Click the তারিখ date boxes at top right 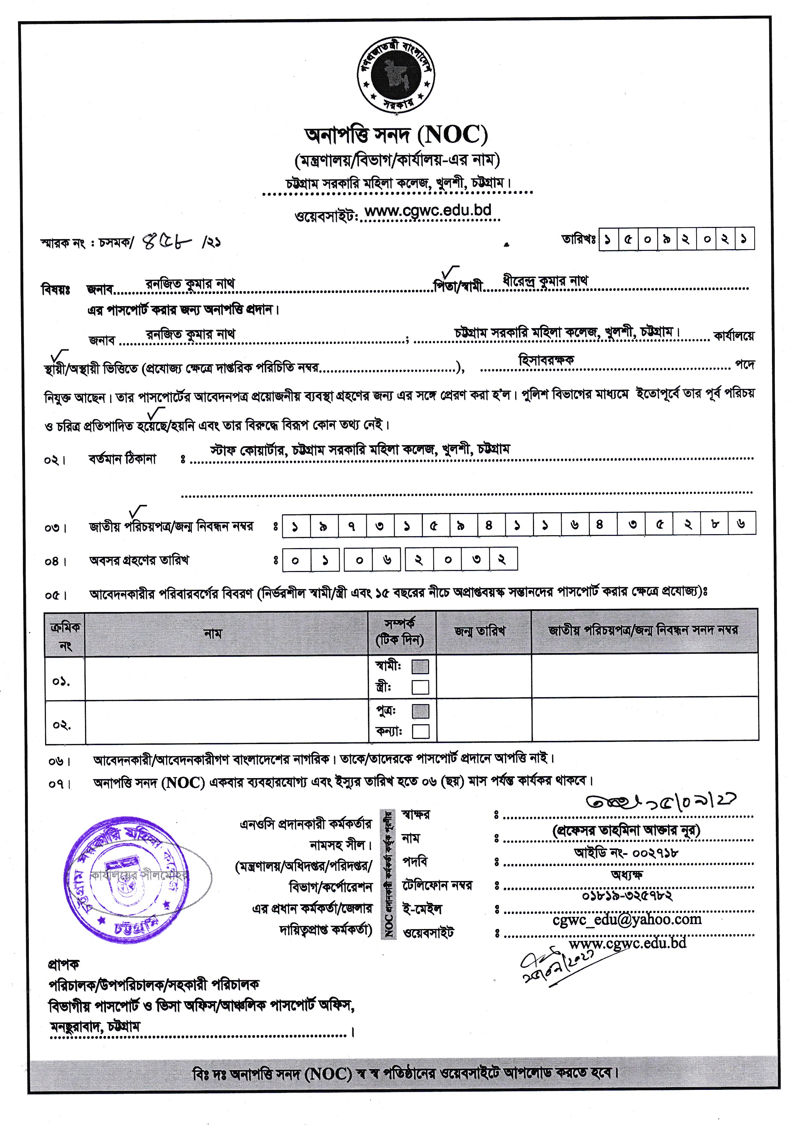pos(676,239)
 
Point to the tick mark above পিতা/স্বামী pos(451,271)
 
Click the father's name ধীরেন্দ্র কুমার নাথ pos(545,281)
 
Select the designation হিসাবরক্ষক pos(546,360)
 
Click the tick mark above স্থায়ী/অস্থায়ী pos(59,356)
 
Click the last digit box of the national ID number pos(741,524)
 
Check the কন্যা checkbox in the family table pos(420,731)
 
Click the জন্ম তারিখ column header pos(479,631)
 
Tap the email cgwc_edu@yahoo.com pos(627,920)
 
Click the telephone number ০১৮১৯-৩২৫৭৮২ pos(627,896)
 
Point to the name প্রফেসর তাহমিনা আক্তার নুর pos(626,831)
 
